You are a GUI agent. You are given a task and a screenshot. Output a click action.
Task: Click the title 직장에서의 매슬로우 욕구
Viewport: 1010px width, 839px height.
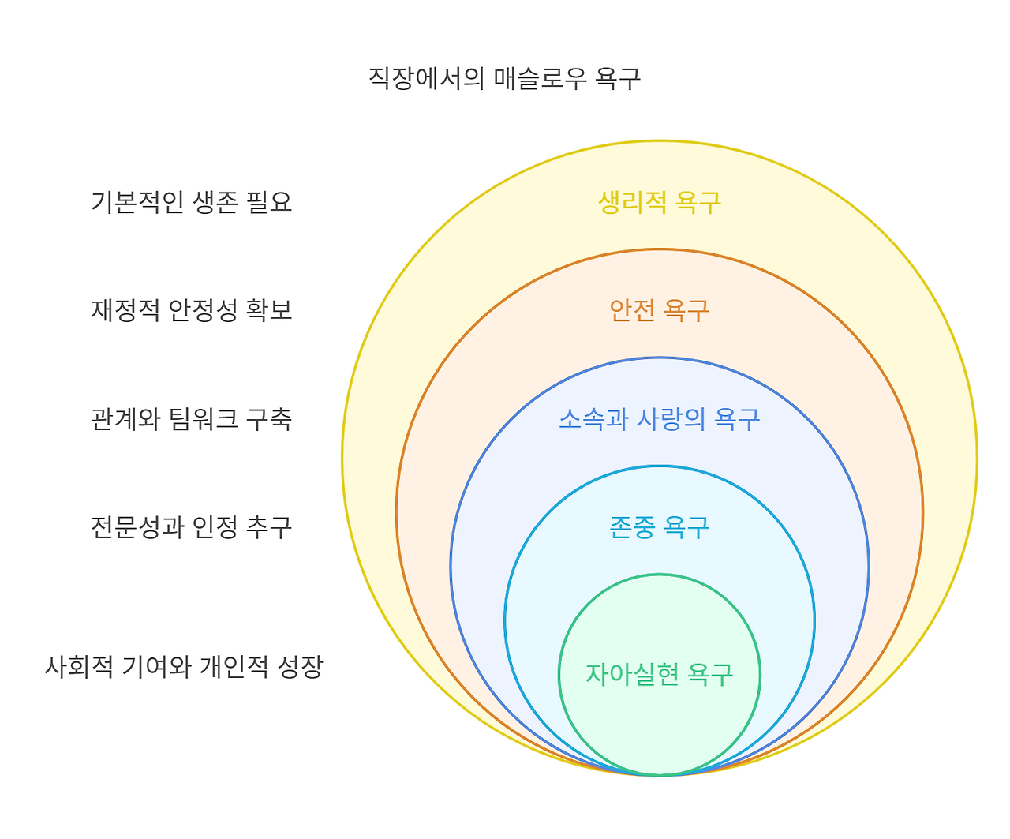[504, 78]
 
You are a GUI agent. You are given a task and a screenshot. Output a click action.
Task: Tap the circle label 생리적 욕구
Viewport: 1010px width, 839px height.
[659, 202]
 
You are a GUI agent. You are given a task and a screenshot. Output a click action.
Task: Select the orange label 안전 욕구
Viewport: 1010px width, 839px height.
[659, 310]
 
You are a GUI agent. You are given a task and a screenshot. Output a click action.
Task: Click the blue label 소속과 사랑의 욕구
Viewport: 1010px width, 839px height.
[659, 418]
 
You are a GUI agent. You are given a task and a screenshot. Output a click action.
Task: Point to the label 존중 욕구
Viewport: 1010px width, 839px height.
[659, 526]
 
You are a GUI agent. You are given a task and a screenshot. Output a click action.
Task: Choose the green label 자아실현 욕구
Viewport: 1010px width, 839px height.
[659, 674]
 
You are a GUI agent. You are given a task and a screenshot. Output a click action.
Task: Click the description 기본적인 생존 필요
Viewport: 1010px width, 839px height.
[192, 202]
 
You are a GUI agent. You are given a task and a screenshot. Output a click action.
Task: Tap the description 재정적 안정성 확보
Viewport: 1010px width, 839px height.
[192, 310]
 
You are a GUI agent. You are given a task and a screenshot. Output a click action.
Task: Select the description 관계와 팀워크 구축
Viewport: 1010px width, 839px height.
[192, 418]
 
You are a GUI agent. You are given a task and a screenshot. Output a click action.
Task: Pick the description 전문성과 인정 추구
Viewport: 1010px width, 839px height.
[192, 526]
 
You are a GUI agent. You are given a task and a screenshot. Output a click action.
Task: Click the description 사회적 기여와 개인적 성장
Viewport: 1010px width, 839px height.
[184, 667]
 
